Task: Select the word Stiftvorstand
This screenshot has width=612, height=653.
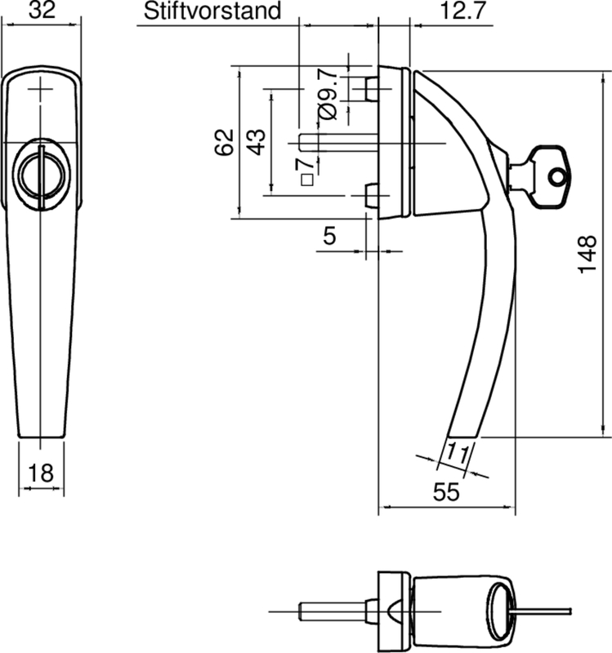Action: [x=212, y=11]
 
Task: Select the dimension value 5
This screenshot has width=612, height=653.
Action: [x=330, y=236]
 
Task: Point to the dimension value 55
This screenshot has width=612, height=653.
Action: [x=445, y=491]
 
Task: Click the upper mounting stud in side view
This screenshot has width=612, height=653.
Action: [x=371, y=89]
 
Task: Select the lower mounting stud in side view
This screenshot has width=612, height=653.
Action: [x=370, y=196]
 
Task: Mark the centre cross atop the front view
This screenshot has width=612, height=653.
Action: [x=43, y=90]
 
